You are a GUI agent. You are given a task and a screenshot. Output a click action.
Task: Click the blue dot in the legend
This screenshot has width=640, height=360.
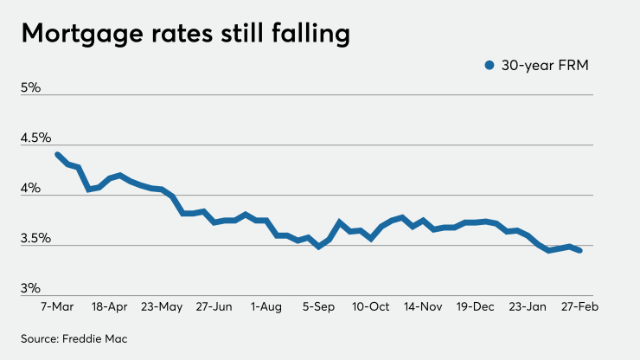pyautogui.click(x=489, y=65)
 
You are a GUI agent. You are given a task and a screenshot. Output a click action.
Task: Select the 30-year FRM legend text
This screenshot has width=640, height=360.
pyautogui.click(x=543, y=65)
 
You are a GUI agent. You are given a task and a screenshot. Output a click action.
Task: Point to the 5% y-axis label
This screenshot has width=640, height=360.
pyautogui.click(x=31, y=87)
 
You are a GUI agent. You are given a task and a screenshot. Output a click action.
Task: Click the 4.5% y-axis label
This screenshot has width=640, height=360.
pyautogui.click(x=37, y=138)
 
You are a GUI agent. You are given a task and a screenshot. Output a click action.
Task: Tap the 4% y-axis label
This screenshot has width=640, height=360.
pyautogui.click(x=31, y=188)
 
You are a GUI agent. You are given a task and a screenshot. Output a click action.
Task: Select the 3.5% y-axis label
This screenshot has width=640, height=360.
pyautogui.click(x=37, y=238)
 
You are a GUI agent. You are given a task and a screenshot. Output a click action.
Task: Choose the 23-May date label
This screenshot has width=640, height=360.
pyautogui.click(x=161, y=306)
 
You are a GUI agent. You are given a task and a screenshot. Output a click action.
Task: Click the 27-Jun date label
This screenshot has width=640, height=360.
pyautogui.click(x=214, y=306)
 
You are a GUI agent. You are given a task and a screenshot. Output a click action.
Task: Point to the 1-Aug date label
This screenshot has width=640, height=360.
pyautogui.click(x=266, y=306)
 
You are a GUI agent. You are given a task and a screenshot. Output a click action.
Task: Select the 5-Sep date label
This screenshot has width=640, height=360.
pyautogui.click(x=319, y=306)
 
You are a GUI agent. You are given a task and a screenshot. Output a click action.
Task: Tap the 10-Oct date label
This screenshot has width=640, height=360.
pyautogui.click(x=372, y=306)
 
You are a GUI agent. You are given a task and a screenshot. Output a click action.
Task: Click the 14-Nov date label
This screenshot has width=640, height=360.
pyautogui.click(x=425, y=306)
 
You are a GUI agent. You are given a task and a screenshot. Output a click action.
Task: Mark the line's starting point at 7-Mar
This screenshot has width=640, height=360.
pyautogui.click(x=57, y=154)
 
